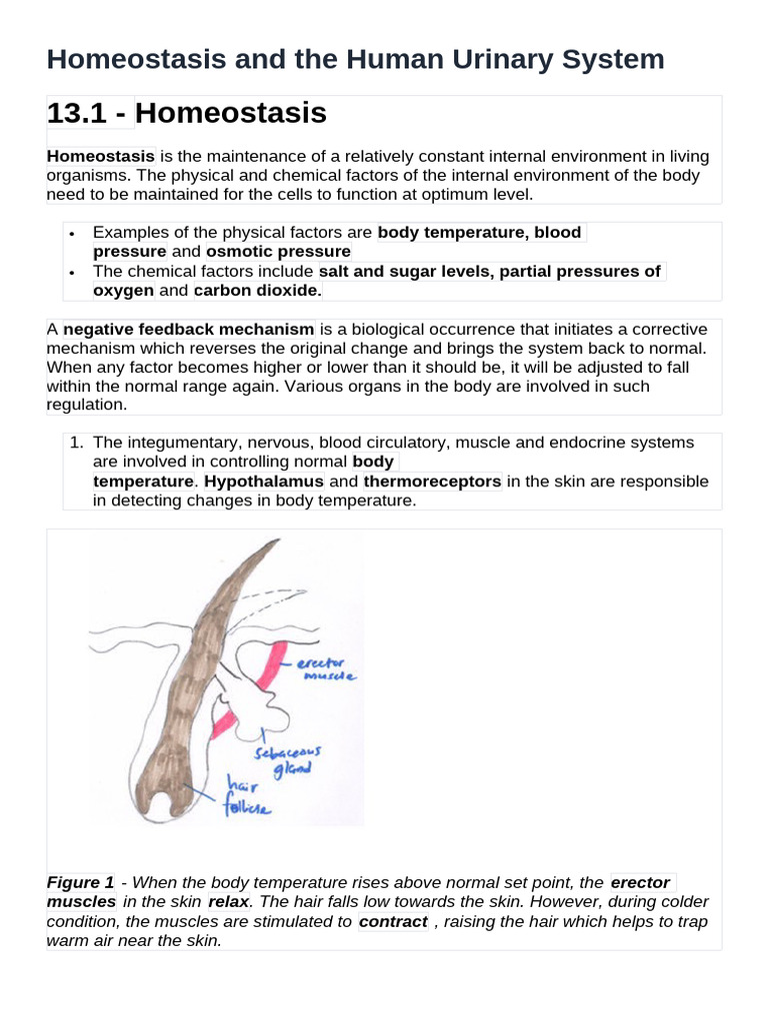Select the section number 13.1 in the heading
[x=79, y=114]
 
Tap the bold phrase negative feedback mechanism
[x=189, y=329]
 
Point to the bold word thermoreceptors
[x=432, y=481]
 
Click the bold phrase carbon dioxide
[x=257, y=290]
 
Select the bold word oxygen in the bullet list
[x=123, y=290]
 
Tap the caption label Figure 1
[x=80, y=882]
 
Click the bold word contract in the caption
[x=393, y=921]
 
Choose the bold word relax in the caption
[x=228, y=902]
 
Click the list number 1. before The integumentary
[x=76, y=442]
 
